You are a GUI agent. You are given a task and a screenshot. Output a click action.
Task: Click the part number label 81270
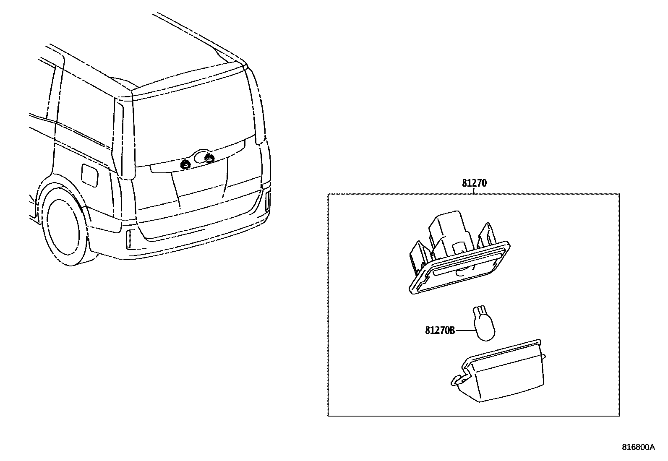(x=474, y=183)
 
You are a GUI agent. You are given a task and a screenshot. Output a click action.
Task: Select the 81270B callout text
(x=440, y=331)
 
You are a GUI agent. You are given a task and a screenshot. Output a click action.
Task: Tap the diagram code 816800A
(x=638, y=447)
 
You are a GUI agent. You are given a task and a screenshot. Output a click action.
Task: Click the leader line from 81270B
(x=464, y=331)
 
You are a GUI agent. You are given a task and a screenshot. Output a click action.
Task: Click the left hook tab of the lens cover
(x=457, y=380)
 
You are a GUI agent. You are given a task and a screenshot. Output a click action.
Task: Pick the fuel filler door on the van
(x=89, y=175)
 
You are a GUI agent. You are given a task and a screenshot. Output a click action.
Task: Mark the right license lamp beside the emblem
(x=209, y=158)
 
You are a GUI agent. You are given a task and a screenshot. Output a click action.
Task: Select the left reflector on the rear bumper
(x=129, y=240)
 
